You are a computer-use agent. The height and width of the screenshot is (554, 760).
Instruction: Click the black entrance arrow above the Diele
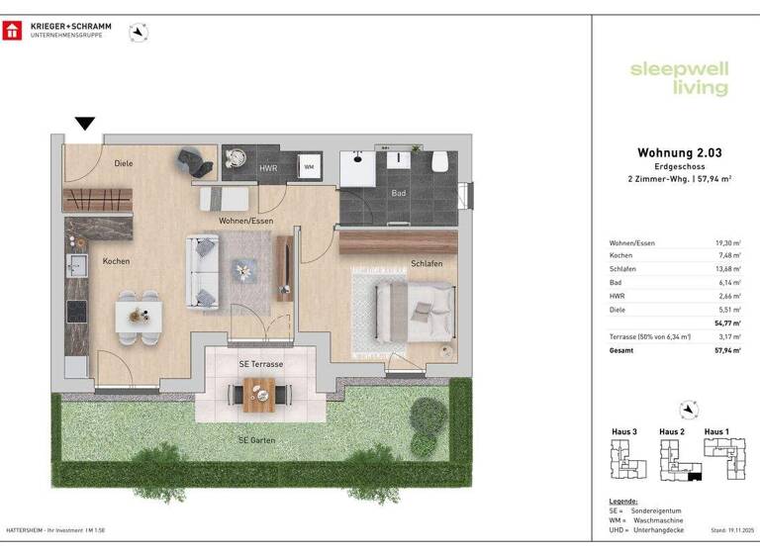(86, 124)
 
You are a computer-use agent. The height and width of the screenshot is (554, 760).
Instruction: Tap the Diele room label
(124, 163)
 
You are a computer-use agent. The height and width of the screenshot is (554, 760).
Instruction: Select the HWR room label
(268, 169)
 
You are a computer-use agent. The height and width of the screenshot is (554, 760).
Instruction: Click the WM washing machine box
(309, 166)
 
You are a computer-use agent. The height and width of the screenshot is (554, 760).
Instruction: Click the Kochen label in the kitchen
(116, 261)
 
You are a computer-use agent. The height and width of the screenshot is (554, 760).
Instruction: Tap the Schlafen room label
(427, 264)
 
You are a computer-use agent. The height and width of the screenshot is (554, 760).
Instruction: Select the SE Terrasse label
(260, 364)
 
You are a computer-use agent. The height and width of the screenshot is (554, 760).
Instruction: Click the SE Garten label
(256, 439)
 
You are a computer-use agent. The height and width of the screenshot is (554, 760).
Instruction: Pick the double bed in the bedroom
(404, 310)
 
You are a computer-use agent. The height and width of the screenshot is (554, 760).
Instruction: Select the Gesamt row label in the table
(621, 349)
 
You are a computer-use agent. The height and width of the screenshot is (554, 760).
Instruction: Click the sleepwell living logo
(679, 78)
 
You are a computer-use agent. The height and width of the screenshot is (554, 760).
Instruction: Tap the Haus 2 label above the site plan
(672, 431)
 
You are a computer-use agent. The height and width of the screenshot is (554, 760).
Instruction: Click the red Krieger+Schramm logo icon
(13, 31)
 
